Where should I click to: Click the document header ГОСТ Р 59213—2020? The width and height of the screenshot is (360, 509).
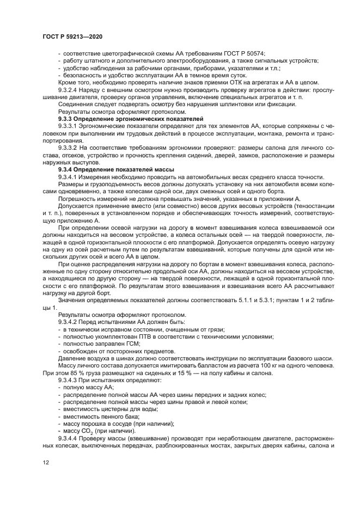point(72,36)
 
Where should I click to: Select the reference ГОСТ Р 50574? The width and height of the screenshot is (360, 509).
point(246,53)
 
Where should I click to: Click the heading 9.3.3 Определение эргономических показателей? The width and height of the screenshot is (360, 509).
point(130,118)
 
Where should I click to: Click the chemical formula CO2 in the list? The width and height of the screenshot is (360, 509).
point(88,430)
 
